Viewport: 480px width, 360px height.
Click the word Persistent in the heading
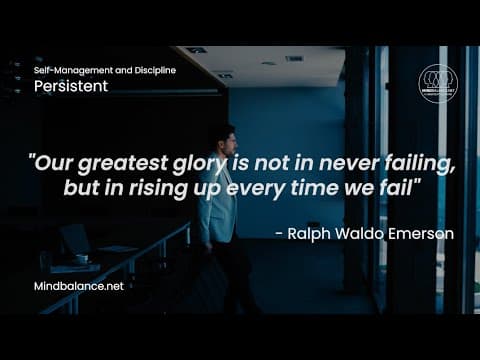[71, 87]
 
